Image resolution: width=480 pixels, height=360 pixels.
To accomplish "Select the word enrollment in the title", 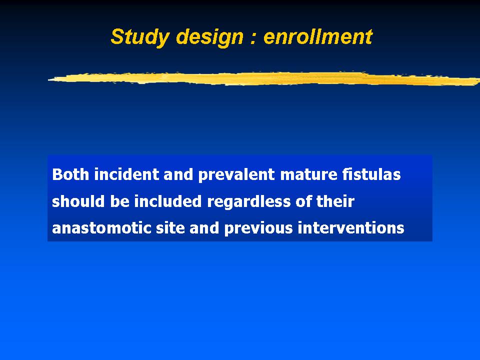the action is tap(318, 36).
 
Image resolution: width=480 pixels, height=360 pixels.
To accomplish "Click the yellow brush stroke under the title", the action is tap(264, 78).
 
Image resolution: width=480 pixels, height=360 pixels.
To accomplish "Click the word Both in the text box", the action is tap(70, 174).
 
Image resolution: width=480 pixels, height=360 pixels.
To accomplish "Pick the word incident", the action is tap(126, 174).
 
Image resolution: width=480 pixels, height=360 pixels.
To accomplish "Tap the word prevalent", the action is tap(236, 175).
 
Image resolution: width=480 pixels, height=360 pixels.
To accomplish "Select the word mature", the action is tap(308, 175).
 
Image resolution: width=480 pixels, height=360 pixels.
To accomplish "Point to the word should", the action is tap(78, 201).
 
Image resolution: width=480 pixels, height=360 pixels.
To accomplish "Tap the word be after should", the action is tap(119, 201).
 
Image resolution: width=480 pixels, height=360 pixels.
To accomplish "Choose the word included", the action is tap(168, 201).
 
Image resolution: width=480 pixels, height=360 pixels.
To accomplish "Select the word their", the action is tap(335, 201).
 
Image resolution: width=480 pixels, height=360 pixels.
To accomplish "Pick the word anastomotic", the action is tap(101, 228).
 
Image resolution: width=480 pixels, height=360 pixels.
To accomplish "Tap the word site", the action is tap(170, 228).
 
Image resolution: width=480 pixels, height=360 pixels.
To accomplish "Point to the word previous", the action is tap(258, 228).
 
